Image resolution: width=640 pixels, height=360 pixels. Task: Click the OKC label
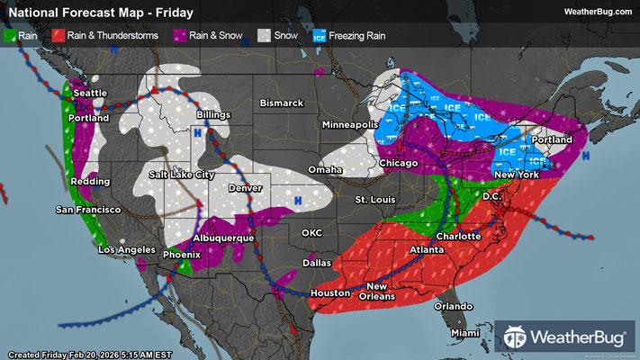312,232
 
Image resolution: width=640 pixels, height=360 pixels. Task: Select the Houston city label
329,293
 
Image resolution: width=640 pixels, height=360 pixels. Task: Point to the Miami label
464,334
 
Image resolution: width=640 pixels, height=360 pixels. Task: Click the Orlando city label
453,305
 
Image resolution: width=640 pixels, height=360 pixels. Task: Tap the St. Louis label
374,198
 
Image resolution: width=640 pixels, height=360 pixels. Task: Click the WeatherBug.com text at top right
595,11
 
